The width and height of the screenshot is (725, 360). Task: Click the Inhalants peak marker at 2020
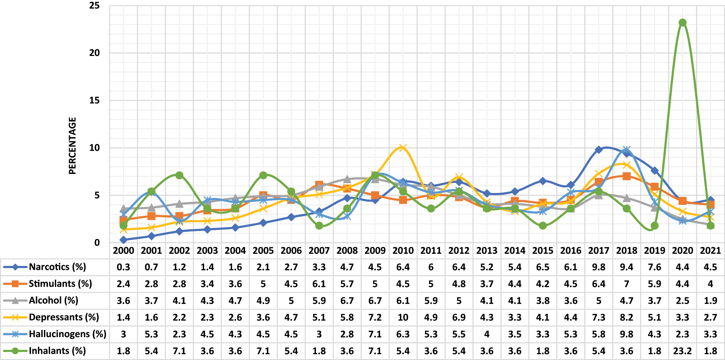[x=683, y=23]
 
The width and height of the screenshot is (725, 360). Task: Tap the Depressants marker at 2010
[x=402, y=147]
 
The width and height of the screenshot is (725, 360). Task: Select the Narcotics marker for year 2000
[x=123, y=240]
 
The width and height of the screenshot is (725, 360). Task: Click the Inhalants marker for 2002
[x=179, y=175]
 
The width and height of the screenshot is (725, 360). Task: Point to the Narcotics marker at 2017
[x=599, y=150]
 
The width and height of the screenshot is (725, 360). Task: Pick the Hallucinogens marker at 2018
[x=627, y=150]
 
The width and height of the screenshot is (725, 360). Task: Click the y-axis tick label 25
[x=94, y=5]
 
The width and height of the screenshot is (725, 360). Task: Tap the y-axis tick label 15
[x=94, y=100]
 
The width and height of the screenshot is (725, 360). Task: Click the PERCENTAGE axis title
[x=73, y=145]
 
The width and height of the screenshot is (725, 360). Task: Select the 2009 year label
[x=375, y=251]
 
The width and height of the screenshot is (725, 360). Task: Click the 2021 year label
[x=710, y=251]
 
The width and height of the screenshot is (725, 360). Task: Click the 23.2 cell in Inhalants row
[x=682, y=351]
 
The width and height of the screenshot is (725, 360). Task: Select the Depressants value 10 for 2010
[x=403, y=317]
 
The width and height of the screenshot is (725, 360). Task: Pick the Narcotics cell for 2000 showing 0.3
[x=123, y=267]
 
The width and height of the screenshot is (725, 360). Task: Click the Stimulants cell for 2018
[x=627, y=284]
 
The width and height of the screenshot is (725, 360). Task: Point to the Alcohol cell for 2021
[x=710, y=301]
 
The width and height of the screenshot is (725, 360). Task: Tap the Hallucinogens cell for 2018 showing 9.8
[x=627, y=334]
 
